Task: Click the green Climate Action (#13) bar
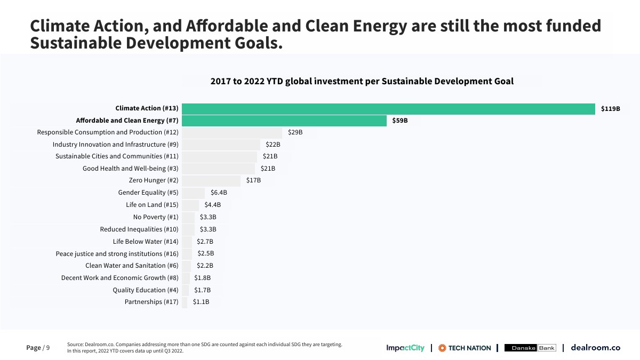388,109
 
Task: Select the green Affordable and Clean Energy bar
284,121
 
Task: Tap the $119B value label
611,109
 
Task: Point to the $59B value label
400,121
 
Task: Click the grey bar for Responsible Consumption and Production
232,132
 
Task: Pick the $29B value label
295,132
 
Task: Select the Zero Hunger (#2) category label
154,181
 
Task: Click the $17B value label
253,181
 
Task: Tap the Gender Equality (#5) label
148,193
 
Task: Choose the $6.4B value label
219,193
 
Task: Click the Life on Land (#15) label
152,205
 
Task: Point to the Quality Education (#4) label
146,290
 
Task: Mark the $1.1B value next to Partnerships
201,302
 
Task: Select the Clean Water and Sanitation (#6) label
132,266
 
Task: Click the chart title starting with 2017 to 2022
362,82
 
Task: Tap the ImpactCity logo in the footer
405,348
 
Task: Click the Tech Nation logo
465,348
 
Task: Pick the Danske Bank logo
530,348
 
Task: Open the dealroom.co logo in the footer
595,348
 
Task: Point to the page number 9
47,348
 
